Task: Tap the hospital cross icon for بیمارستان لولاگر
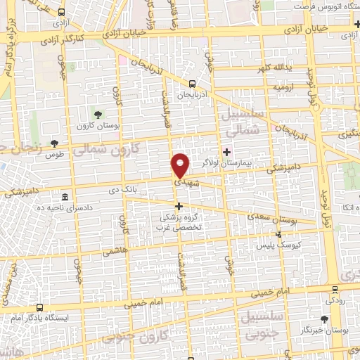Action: [x=227, y=151]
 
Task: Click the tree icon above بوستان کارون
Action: [x=98, y=114]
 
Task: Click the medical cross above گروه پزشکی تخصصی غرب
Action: [x=179, y=207]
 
